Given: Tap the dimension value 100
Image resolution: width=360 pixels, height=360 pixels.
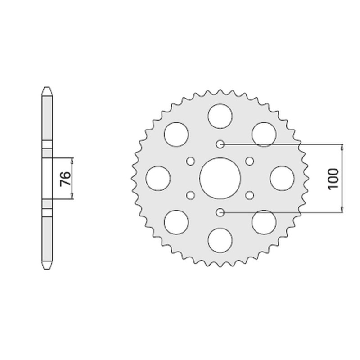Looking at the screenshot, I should click(333, 179).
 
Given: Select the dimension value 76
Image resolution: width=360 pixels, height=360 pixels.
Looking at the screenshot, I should click(64, 179).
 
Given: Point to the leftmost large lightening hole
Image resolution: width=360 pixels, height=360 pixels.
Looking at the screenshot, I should click(158, 178).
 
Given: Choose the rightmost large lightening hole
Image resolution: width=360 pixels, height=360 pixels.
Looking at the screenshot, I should click(282, 178).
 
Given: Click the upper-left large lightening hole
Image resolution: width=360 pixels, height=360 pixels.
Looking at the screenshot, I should click(176, 134).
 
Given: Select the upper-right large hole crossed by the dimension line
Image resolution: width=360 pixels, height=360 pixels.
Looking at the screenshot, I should click(264, 134).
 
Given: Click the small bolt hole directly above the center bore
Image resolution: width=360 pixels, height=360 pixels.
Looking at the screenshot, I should click(220, 144).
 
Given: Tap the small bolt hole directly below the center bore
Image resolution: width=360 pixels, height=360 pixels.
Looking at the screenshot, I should click(220, 212).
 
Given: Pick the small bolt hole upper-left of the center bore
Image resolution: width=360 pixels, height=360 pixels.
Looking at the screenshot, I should click(190, 161).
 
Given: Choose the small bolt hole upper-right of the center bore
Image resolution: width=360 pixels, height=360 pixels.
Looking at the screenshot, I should click(250, 161).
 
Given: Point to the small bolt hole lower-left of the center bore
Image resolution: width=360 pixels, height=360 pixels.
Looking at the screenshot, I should click(190, 195).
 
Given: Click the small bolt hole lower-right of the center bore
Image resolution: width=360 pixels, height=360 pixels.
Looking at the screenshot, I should click(250, 195).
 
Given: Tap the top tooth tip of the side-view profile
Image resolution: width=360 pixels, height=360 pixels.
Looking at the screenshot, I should click(47, 88).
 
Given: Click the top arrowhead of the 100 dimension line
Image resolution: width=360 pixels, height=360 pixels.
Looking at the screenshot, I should click(342, 147).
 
